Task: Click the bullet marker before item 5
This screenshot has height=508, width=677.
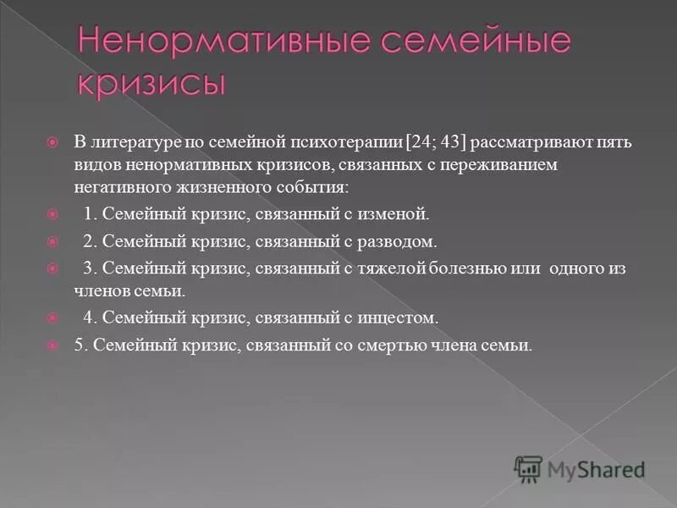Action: (x=52, y=345)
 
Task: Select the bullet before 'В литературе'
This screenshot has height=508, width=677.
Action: (x=52, y=142)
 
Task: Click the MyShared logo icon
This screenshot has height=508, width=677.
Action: (x=528, y=468)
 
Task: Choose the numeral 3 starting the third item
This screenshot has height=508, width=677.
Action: (x=87, y=268)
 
